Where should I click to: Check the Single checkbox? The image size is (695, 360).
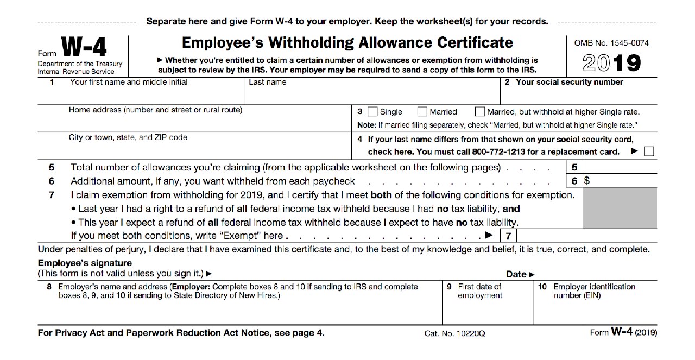372,112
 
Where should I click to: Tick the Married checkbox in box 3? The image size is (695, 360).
422,112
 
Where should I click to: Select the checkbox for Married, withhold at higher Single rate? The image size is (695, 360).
479,112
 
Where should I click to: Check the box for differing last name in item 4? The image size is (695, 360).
648,151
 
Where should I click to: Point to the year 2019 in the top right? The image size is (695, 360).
611,64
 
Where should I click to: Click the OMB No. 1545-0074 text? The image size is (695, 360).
611,43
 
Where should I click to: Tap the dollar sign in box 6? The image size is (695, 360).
586,181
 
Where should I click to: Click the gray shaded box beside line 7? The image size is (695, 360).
619,209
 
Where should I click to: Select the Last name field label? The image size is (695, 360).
267,83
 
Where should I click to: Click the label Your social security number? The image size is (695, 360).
569,83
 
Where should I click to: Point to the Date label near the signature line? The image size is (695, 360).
520,274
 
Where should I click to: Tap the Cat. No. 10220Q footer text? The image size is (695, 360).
454,333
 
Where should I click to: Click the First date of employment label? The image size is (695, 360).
479,291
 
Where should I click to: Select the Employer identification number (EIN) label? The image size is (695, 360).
594,291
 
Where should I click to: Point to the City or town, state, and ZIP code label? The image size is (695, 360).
128,137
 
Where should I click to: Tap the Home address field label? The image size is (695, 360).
155,110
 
